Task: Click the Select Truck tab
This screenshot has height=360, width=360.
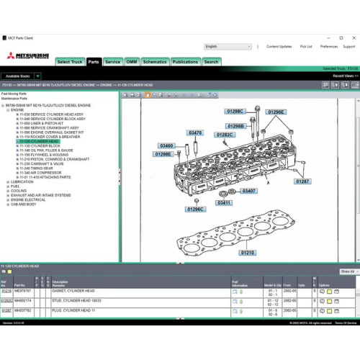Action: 70,62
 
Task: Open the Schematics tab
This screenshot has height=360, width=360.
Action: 155,62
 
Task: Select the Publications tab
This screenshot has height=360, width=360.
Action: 185,62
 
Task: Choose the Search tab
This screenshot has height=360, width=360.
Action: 211,62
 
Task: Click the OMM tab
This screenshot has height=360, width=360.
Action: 132,62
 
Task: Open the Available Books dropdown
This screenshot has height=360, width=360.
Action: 37,76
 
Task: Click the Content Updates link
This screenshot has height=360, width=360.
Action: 279,46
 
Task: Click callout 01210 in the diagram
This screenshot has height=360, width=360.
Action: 248,253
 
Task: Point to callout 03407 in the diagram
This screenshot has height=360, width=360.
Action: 248,191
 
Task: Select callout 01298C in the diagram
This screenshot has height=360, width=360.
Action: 235,112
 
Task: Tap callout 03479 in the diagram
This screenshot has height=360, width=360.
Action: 195,132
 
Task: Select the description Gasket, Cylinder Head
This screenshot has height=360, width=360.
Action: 73,291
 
